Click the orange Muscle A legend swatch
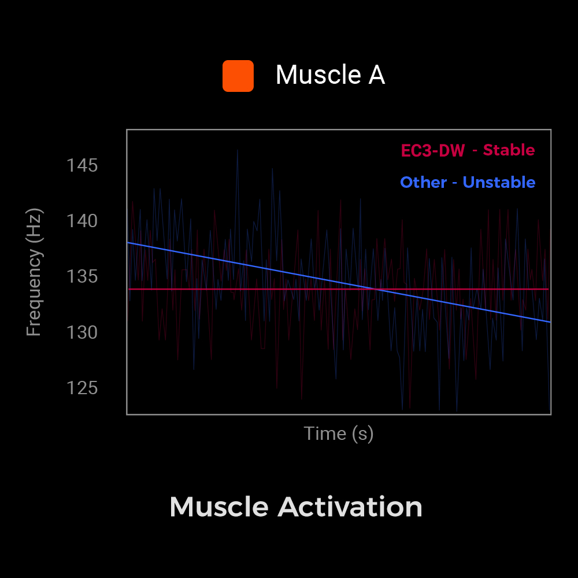point(238,76)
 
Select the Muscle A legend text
point(330,75)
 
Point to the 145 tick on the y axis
point(82,166)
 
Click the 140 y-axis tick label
point(82,221)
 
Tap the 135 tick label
point(82,276)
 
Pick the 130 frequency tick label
point(82,332)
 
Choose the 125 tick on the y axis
point(82,388)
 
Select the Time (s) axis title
point(339,433)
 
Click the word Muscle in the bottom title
point(219,507)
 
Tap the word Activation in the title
point(350,507)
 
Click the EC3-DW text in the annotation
point(433,151)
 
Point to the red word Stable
point(509,150)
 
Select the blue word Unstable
point(499,183)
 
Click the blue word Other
point(423,183)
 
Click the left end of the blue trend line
point(128,242)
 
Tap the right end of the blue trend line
point(550,321)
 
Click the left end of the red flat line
point(129,289)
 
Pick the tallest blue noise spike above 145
point(237,150)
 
